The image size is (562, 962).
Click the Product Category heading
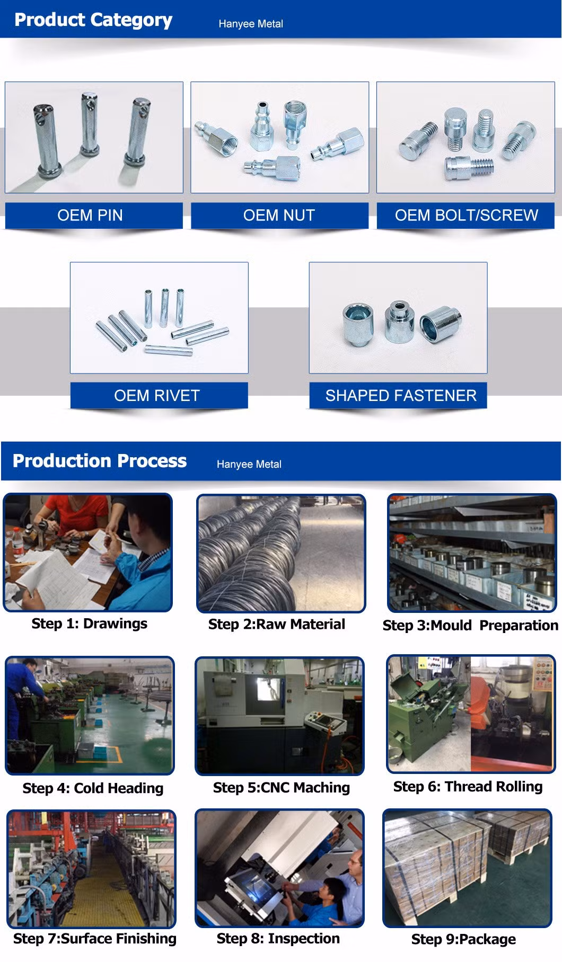[93, 20]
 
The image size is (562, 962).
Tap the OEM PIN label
[90, 215]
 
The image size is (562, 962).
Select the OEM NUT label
[279, 215]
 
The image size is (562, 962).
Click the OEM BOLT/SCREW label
[466, 215]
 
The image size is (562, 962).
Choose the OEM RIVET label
[157, 395]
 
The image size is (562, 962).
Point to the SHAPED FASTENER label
[401, 395]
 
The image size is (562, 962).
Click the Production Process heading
[100, 461]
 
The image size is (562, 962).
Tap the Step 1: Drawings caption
[89, 623]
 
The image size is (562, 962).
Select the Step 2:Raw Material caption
[276, 624]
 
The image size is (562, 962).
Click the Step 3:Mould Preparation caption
[470, 626]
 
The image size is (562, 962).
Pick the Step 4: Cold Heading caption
[93, 788]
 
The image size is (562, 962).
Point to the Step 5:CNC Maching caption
[282, 788]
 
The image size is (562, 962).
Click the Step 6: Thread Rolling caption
[468, 787]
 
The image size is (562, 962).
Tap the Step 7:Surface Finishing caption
[95, 939]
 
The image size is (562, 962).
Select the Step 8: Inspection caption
[278, 939]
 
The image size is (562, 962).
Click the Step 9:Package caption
[463, 940]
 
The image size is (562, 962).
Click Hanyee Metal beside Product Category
[251, 24]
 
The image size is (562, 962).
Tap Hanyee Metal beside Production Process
[249, 464]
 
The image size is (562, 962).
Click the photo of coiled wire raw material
[281, 554]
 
